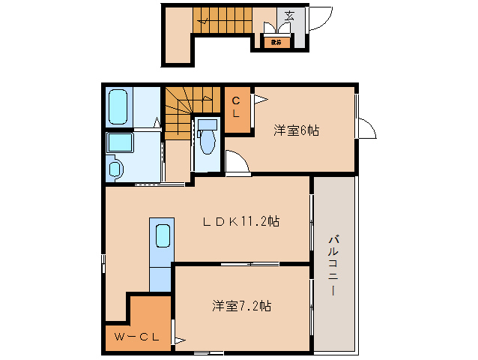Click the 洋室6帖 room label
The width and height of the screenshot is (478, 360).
(297, 130)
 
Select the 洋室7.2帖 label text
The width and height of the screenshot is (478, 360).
(241, 306)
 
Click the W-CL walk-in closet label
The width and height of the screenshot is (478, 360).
(136, 337)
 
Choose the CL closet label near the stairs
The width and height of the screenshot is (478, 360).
(235, 107)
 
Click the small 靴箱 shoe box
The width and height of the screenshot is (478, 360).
(276, 42)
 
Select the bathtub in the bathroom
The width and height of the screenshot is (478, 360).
(118, 108)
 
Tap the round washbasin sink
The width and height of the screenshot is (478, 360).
(115, 169)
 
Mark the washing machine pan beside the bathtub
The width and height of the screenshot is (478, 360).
(119, 143)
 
